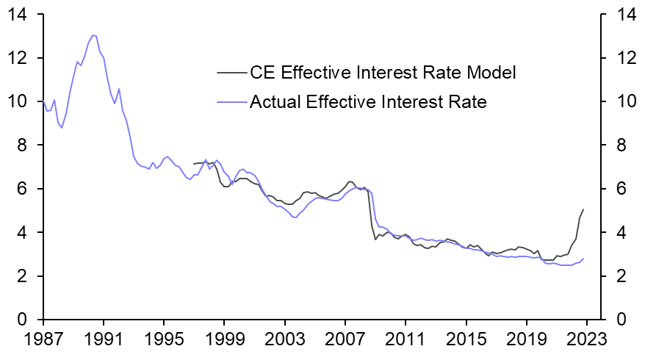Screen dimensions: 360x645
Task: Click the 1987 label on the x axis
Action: click(43, 342)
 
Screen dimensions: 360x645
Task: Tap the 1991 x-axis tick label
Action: click(104, 342)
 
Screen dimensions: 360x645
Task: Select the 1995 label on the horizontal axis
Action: click(164, 342)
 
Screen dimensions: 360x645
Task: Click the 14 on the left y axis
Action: click(23, 14)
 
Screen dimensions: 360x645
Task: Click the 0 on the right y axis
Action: click(613, 320)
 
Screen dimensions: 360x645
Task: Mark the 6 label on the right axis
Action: click(613, 189)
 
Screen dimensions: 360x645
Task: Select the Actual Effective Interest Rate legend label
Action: click(368, 102)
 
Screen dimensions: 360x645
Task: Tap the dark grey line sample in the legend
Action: click(232, 73)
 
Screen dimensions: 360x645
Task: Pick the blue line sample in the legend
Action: click(232, 102)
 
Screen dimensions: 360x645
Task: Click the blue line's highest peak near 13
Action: click(93, 35)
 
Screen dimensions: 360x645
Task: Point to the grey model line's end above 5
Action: click(583, 209)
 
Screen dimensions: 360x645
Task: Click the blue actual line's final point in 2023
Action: click(583, 259)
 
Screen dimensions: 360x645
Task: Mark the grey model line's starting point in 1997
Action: click(194, 164)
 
